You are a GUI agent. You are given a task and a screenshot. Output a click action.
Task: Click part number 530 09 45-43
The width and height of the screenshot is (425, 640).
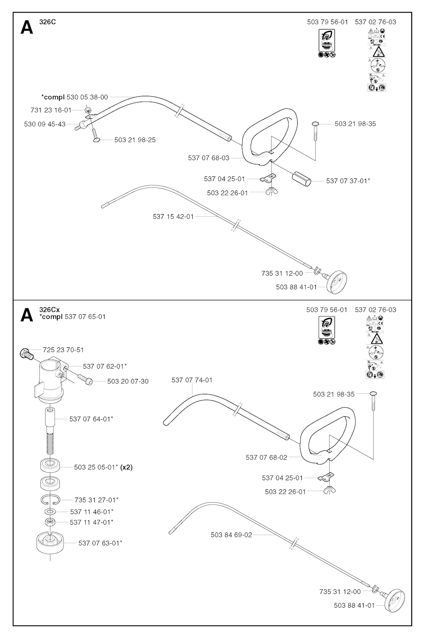(x=45, y=124)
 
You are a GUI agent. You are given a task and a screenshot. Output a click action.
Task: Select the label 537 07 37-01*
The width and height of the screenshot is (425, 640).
(x=348, y=181)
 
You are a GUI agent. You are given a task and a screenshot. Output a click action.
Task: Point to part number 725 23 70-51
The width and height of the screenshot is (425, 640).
(x=63, y=350)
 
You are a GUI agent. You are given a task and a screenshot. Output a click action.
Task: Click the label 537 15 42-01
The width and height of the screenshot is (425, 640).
(x=173, y=217)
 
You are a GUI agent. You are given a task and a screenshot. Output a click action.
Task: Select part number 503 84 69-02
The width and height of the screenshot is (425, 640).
(x=231, y=535)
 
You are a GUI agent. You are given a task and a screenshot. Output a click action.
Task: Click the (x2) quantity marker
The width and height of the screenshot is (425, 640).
(x=126, y=467)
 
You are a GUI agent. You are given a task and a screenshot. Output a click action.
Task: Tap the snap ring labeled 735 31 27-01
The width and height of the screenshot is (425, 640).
(x=51, y=499)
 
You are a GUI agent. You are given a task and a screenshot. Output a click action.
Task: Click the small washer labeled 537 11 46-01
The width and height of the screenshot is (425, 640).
(x=50, y=512)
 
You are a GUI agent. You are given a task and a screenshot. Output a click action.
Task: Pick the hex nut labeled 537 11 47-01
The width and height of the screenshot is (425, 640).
(x=50, y=522)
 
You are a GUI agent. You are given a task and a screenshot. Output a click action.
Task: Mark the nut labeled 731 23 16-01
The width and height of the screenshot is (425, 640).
(x=88, y=110)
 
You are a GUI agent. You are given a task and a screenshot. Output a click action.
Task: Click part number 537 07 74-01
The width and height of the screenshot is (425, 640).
(x=192, y=380)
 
